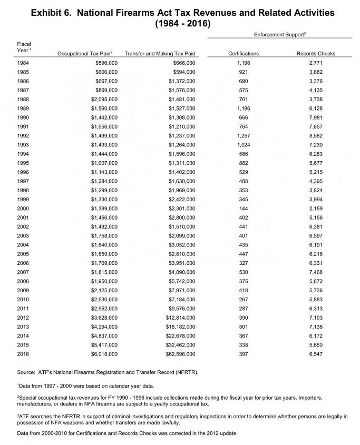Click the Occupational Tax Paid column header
(87, 54)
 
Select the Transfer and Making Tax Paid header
(160, 54)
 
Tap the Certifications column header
(243, 54)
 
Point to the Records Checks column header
(316, 54)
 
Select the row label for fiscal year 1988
(23, 99)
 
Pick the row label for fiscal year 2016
(23, 354)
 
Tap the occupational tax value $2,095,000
(104, 99)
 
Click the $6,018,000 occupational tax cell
(104, 354)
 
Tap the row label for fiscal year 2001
(23, 217)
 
